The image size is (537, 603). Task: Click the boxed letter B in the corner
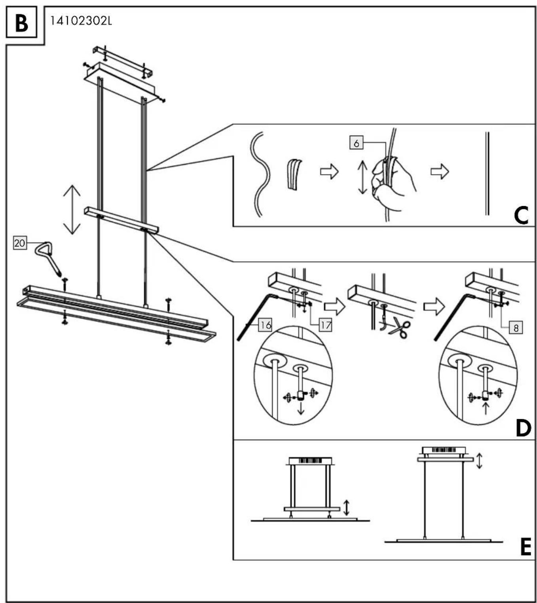(21, 24)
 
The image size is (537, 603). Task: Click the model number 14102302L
(81, 21)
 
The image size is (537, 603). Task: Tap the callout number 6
(356, 143)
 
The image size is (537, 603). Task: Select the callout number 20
(20, 243)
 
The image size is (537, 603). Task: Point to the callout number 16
(266, 325)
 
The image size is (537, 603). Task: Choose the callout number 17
(325, 325)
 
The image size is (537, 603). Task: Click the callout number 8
(516, 328)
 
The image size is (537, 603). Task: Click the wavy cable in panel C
(260, 175)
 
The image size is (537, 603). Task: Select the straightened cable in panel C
(487, 173)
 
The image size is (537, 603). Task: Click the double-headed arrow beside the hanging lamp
(72, 209)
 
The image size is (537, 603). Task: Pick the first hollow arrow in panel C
(329, 172)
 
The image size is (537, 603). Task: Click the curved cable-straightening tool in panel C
(294, 175)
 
